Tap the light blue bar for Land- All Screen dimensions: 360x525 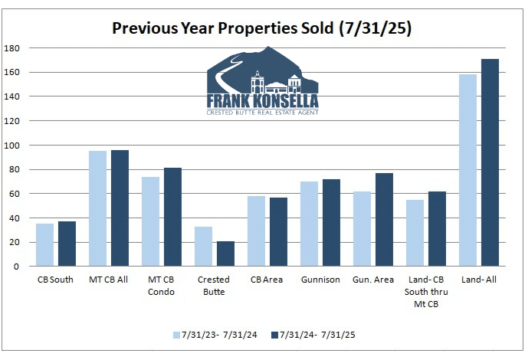point(468,170)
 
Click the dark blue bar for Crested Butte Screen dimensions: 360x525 point(225,254)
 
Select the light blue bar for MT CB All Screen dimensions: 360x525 point(98,208)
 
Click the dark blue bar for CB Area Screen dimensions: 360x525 point(278,231)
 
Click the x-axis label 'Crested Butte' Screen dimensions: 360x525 point(215,285)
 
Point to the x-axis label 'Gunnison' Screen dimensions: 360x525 point(320,280)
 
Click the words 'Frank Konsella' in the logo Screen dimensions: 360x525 point(263,100)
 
